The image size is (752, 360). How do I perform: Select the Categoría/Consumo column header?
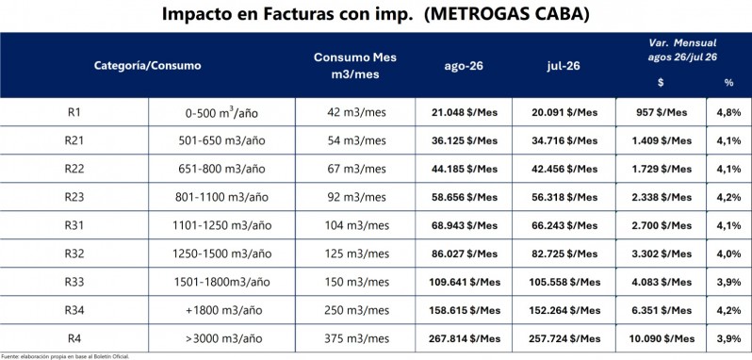147,66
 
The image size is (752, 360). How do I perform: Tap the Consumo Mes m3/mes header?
355,66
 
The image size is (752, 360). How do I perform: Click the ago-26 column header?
464,66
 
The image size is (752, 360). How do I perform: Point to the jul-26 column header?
564,66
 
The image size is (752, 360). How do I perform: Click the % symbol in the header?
729,83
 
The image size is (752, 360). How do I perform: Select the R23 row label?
74,197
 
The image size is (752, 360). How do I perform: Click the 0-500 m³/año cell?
221,113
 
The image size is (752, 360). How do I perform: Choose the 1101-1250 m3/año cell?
221,225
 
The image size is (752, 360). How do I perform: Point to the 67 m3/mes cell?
355,170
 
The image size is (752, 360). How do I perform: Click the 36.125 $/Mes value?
464,141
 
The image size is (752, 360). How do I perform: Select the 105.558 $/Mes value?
564,282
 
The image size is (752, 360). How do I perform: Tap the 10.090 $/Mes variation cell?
661,338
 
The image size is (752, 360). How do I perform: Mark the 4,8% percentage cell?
729,113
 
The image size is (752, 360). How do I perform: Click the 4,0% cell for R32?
729,254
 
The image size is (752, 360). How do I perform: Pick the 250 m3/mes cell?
355,310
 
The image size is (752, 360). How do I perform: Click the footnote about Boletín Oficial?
65,356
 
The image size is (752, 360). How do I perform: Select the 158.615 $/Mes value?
465,310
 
